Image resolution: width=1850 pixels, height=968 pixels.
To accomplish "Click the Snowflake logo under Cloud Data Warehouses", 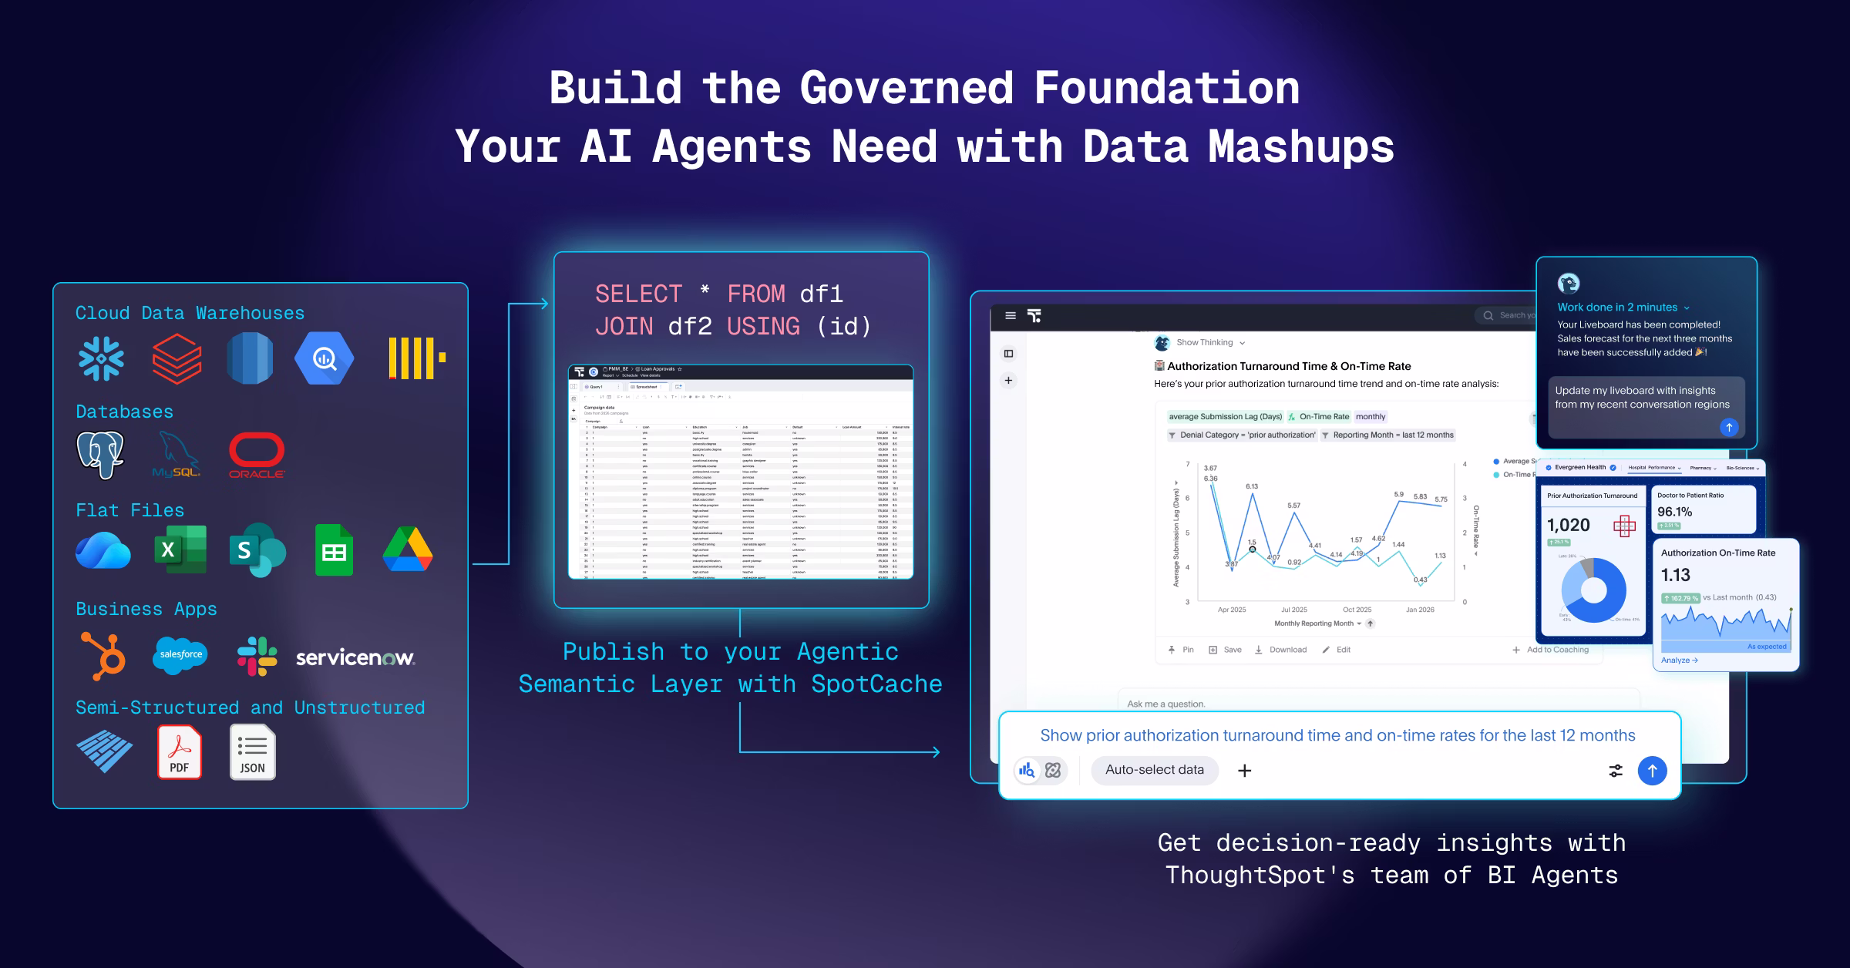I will [101, 358].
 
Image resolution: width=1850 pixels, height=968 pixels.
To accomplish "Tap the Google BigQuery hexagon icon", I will [325, 358].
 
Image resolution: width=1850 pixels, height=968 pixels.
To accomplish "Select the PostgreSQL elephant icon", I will [100, 455].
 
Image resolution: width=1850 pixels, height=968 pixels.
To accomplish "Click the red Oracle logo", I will [257, 455].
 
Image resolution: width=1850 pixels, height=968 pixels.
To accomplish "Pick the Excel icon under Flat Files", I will [180, 550].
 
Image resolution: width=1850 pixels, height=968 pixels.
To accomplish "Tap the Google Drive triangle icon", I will [408, 550].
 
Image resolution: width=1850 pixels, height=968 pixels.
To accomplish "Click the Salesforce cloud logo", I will [180, 654].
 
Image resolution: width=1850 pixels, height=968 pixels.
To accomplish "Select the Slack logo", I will [257, 656].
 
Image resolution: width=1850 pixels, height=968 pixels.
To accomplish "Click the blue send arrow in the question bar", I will [1652, 771].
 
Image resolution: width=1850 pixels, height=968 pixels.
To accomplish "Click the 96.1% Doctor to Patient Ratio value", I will [1674, 512].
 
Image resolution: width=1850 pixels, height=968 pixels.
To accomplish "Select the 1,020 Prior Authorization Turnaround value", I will [1568, 526].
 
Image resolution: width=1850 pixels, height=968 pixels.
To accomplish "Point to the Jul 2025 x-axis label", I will [1294, 610].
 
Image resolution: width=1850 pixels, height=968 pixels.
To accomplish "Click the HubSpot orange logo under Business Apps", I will [103, 656].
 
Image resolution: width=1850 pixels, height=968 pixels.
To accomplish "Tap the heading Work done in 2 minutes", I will [1617, 307].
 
